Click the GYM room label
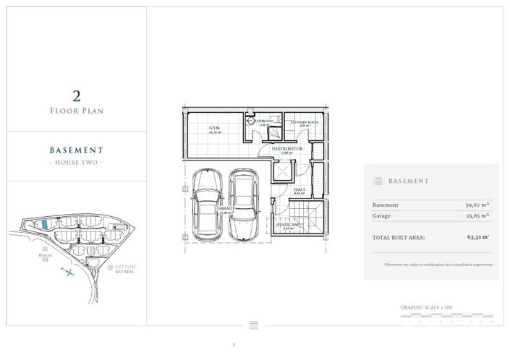click(214, 126)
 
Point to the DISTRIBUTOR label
click(287, 148)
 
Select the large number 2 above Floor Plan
click(76, 95)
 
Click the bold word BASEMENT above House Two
click(76, 150)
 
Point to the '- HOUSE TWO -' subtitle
click(76, 163)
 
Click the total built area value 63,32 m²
click(478, 236)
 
